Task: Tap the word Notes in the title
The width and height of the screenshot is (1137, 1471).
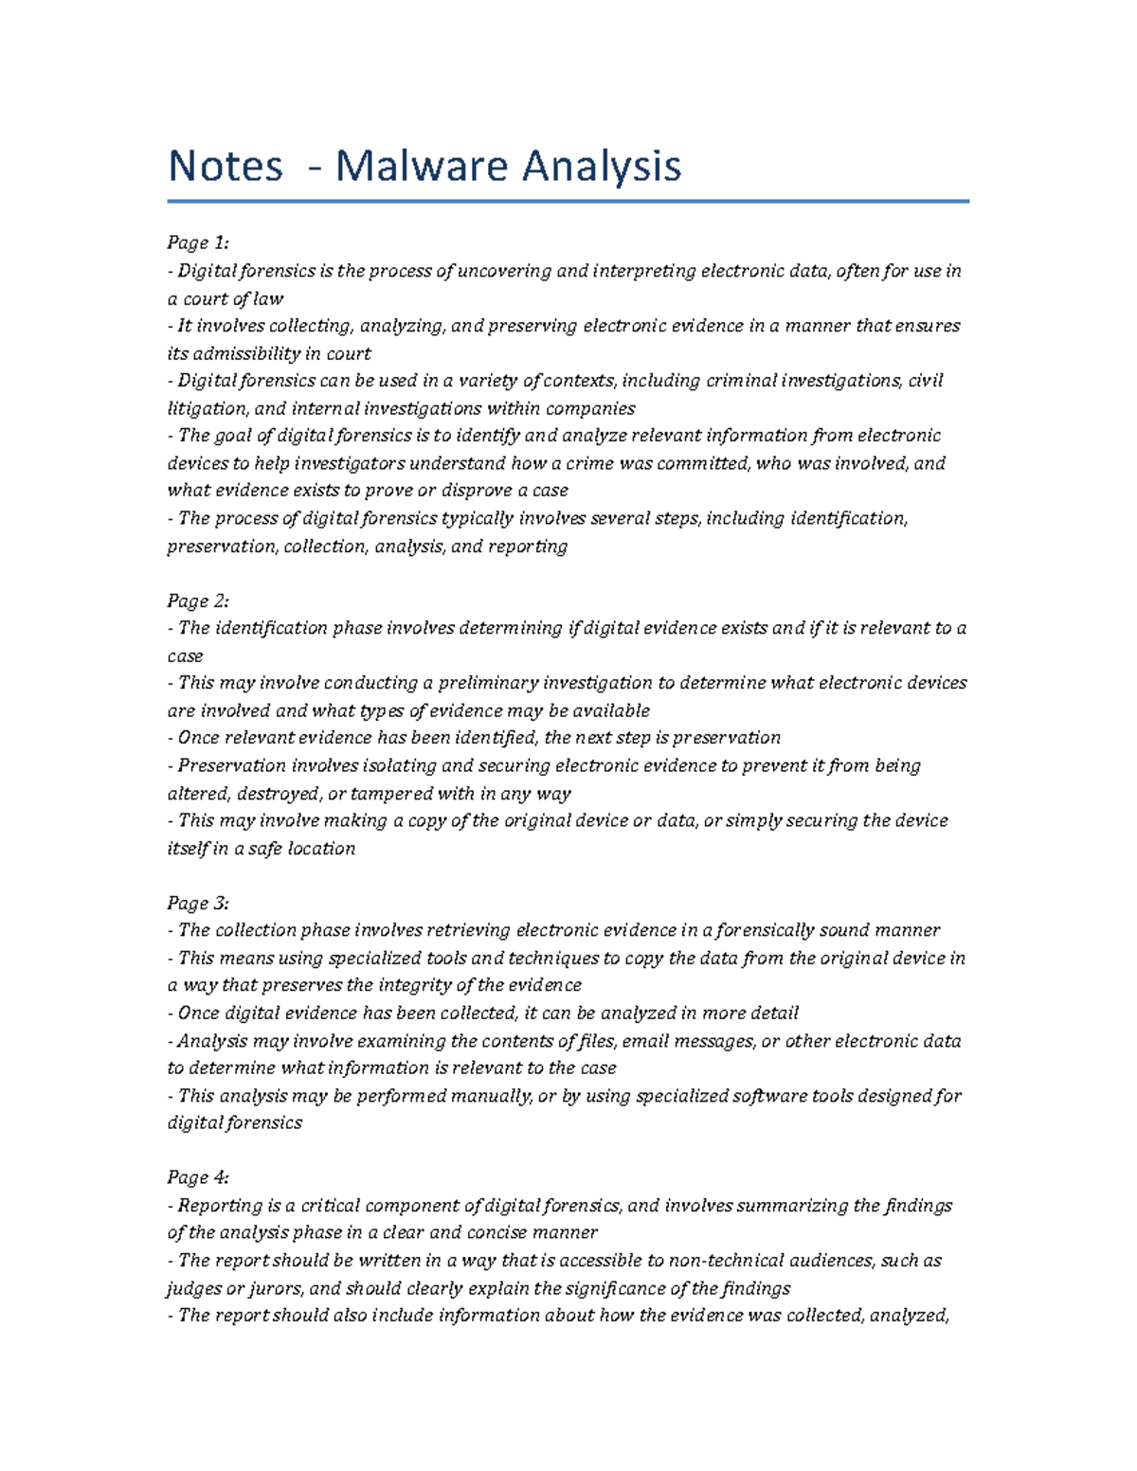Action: [225, 167]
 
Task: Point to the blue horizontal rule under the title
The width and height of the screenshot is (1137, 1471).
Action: [568, 201]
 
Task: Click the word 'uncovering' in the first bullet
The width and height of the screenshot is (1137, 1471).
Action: [504, 272]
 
